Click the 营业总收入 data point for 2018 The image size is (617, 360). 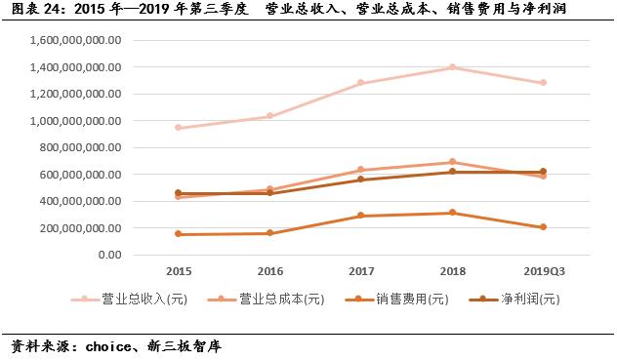[452, 67]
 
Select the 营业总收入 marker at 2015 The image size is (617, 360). [179, 128]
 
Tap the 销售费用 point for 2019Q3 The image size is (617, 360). [543, 227]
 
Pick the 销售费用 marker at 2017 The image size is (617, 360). [361, 216]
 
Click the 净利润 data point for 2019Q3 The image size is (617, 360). [543, 172]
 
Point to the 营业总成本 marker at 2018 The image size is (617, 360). [452, 162]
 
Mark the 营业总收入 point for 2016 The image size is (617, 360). [269, 116]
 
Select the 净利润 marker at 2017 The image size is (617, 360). [361, 180]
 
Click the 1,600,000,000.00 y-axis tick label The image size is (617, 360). [76, 41]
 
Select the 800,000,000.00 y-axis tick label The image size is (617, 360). [81, 148]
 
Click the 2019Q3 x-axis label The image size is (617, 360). [543, 270]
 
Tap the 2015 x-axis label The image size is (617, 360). [179, 270]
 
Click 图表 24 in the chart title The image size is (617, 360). [34, 10]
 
